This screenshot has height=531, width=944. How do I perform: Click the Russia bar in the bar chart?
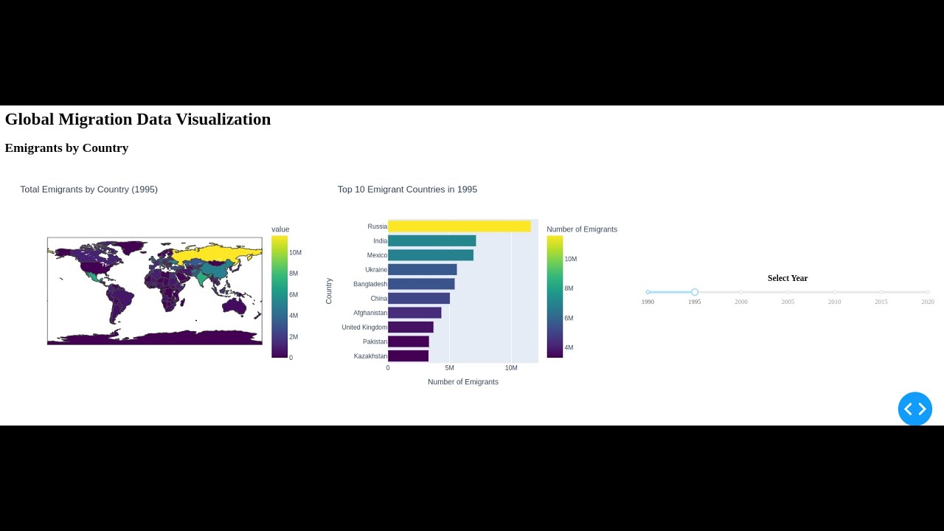click(459, 226)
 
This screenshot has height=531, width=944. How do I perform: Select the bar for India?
click(431, 241)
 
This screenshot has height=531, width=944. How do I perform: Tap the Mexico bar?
click(430, 255)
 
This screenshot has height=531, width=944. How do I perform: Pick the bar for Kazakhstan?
click(408, 356)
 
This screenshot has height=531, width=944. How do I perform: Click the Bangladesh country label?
click(369, 284)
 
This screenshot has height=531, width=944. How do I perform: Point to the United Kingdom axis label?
click(364, 327)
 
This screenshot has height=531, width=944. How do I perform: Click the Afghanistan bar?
click(414, 313)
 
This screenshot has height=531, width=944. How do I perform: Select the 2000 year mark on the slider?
click(741, 293)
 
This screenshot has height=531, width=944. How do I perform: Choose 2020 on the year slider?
click(928, 293)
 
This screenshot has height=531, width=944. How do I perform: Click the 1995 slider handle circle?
click(695, 293)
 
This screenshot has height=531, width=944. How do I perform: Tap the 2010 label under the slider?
click(834, 302)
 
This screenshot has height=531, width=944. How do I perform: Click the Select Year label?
click(788, 278)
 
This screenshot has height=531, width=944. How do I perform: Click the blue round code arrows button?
click(914, 409)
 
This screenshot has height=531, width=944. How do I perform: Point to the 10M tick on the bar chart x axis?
click(511, 368)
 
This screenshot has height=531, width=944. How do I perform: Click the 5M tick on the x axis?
click(449, 368)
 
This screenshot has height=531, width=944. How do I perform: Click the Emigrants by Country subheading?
click(66, 148)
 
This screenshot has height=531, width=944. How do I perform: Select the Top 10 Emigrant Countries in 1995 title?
click(407, 190)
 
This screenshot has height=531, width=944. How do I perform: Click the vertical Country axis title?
click(329, 291)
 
